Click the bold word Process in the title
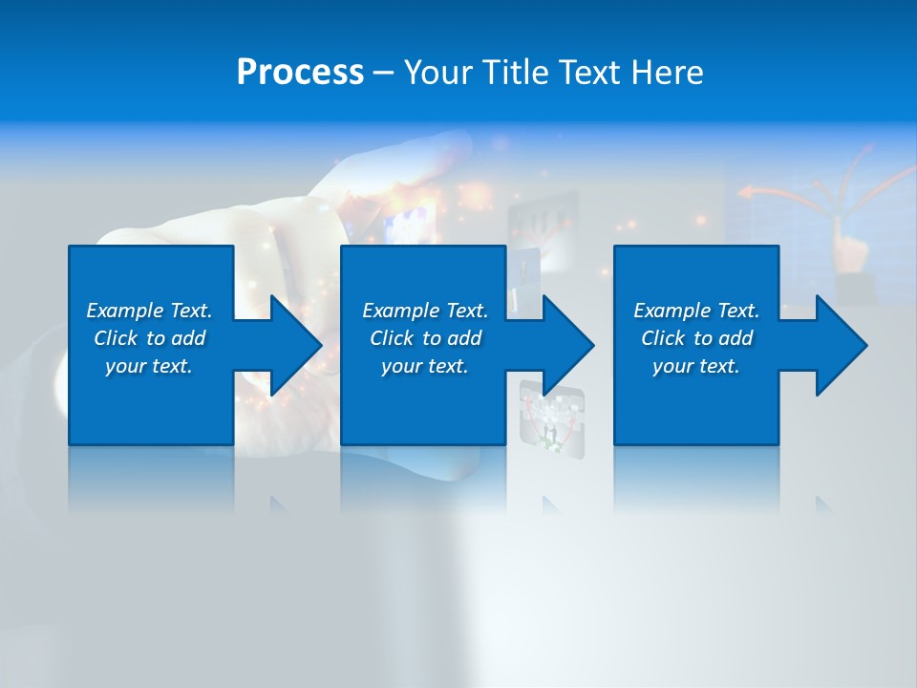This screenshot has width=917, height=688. (x=300, y=73)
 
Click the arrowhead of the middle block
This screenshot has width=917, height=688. (x=566, y=345)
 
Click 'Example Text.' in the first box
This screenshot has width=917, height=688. (x=149, y=311)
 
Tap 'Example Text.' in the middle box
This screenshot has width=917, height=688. (x=425, y=311)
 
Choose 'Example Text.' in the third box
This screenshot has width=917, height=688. (x=696, y=311)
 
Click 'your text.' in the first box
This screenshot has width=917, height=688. (x=149, y=366)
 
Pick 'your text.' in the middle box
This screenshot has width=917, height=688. (x=425, y=366)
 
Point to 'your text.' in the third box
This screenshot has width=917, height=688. (x=696, y=366)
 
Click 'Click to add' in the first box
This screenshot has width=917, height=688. (x=149, y=338)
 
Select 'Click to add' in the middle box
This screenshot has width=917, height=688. (x=425, y=338)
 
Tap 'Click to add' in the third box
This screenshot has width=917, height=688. (x=696, y=338)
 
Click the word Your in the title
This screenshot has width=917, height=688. (x=438, y=73)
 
